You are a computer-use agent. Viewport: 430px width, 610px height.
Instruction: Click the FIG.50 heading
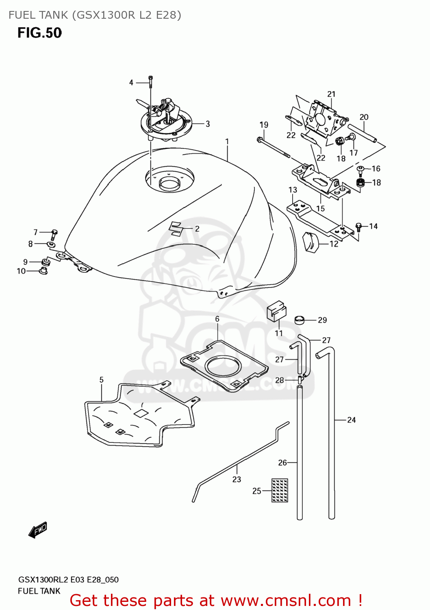point(39,33)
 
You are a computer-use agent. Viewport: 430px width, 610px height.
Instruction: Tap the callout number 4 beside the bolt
point(131,83)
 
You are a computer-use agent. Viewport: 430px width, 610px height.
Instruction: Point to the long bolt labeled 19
point(274,148)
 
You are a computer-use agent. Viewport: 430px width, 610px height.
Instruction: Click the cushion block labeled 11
point(276,311)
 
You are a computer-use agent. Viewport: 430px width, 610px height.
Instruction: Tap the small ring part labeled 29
point(300,320)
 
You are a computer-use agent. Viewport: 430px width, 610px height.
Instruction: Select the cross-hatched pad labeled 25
point(280,490)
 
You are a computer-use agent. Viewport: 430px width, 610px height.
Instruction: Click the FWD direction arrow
point(38,530)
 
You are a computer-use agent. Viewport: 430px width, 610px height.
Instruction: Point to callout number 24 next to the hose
point(351,420)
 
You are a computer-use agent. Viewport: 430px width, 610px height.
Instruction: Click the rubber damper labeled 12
point(311,242)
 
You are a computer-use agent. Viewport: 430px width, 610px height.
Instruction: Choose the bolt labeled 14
point(358,227)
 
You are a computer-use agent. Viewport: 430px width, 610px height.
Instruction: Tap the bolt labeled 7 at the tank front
point(54,234)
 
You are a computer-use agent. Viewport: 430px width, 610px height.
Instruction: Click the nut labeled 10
point(43,270)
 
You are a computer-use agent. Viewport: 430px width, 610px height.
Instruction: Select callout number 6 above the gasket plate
point(217,319)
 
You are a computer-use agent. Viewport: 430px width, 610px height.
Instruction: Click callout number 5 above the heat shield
point(101,379)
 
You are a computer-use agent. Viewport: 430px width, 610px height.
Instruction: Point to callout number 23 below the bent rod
point(237,479)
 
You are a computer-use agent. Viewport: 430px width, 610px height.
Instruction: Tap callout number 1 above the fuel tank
point(227,142)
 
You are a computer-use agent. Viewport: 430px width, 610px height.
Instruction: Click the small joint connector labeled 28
point(300,380)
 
